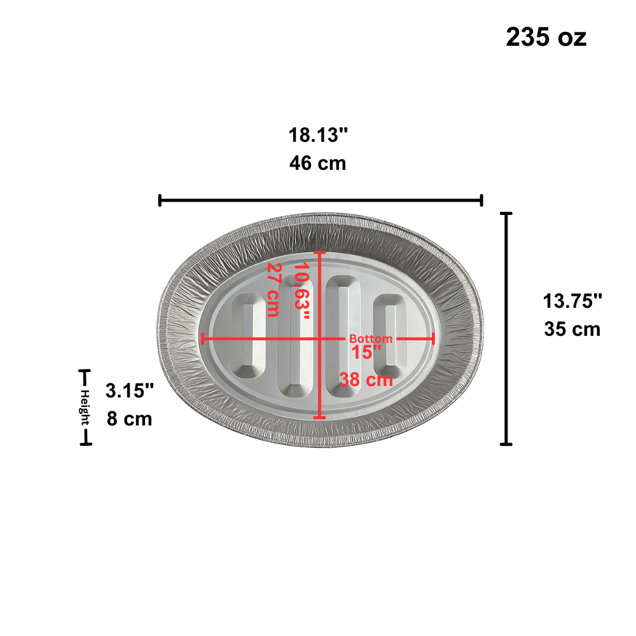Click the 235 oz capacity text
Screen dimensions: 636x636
pyautogui.click(x=546, y=38)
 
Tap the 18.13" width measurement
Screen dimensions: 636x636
pyautogui.click(x=318, y=135)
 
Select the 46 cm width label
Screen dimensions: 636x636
pyautogui.click(x=318, y=163)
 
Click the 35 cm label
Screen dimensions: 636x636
pyautogui.click(x=572, y=329)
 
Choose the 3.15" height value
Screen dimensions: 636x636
pyautogui.click(x=130, y=390)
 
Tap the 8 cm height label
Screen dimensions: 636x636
pyautogui.click(x=130, y=419)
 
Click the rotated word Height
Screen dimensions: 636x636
pyautogui.click(x=85, y=408)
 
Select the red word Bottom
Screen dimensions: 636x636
pyautogui.click(x=371, y=339)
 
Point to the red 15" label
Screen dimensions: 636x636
pyautogui.click(x=366, y=352)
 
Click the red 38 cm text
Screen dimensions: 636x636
pyautogui.click(x=366, y=380)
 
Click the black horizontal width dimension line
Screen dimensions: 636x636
pyautogui.click(x=321, y=200)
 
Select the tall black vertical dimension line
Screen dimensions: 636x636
pyautogui.click(x=506, y=329)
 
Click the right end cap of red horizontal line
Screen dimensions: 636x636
pyautogui.click(x=433, y=339)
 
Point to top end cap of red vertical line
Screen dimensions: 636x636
pyautogui.click(x=320, y=253)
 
